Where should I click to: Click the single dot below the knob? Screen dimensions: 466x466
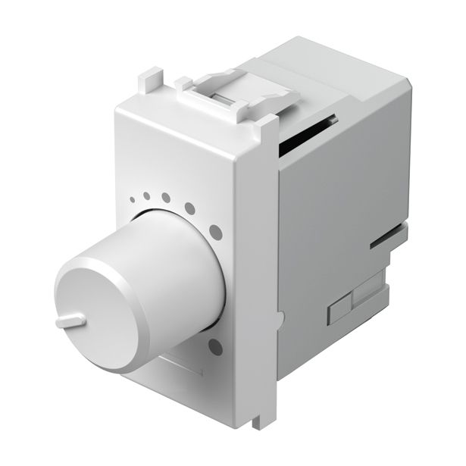point(215,348)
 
